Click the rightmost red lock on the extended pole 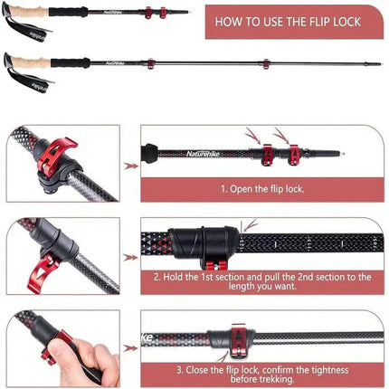[x=267, y=65]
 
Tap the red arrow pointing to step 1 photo [x=130, y=166]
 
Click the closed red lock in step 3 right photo [x=237, y=338]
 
